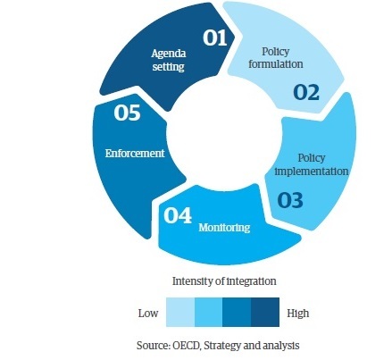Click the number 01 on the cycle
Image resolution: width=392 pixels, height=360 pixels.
click(215, 38)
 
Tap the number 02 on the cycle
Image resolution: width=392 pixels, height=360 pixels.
click(306, 92)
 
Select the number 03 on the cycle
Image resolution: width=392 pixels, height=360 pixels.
click(290, 200)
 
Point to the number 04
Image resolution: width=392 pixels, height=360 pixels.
click(178, 215)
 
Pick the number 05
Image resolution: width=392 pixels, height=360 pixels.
click(127, 113)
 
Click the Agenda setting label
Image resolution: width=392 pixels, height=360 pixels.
click(169, 60)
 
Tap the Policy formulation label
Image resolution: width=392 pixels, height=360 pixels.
click(276, 57)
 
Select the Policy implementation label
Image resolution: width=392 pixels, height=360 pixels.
click(312, 164)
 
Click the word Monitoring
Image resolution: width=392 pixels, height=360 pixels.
click(224, 228)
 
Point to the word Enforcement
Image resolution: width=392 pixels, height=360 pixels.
click(135, 154)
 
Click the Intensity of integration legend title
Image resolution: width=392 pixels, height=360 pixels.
click(224, 281)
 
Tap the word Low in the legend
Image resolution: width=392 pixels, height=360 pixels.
click(148, 314)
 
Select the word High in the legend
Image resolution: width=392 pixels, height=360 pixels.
click(298, 314)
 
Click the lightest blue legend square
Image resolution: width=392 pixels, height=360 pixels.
click(180, 312)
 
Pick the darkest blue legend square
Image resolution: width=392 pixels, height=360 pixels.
click(265, 312)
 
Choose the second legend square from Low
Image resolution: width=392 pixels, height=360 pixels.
click(208, 312)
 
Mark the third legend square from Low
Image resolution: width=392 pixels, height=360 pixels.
click(237, 312)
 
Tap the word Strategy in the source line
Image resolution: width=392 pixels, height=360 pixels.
click(222, 346)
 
